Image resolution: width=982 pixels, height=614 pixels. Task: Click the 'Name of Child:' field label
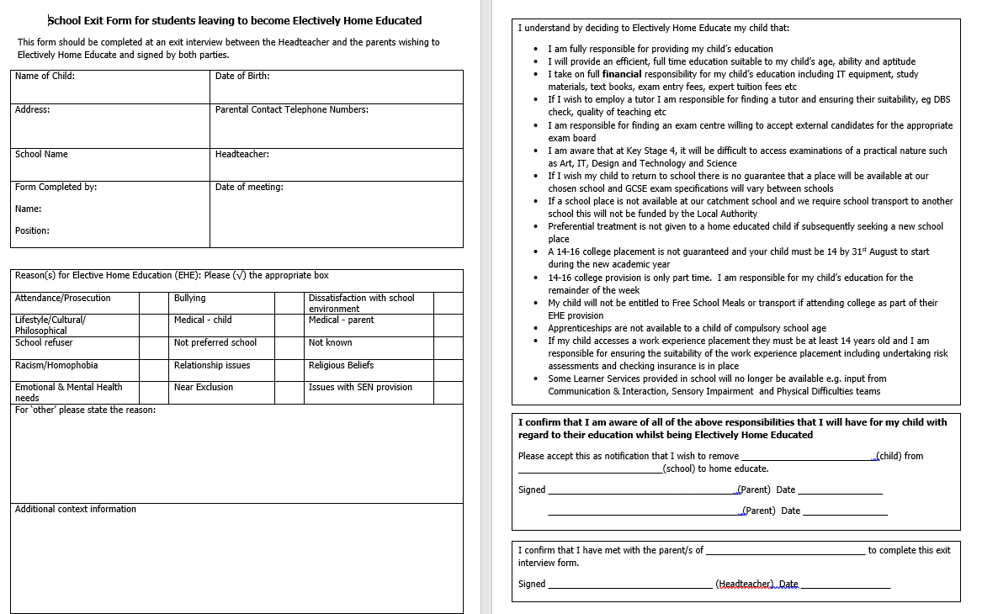45,76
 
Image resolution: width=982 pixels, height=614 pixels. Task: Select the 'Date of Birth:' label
242,76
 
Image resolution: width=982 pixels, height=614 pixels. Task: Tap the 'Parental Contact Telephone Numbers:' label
291,109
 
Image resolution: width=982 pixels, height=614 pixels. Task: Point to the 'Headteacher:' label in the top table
242,154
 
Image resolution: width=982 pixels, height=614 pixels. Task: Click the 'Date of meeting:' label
249,187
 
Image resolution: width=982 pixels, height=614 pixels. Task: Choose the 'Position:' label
32,230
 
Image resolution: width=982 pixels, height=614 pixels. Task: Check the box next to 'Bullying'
290,303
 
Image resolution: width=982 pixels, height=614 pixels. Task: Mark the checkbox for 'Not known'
448,347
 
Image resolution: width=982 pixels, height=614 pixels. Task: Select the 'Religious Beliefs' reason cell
341,365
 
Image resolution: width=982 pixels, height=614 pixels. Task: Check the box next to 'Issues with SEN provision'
448,392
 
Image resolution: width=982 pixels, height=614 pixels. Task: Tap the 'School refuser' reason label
44,342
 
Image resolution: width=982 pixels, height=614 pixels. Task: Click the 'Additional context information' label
76,509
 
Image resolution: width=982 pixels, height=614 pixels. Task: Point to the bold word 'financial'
622,74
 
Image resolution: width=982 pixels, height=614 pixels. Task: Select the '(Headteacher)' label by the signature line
744,584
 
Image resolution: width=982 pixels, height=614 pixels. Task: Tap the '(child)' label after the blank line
889,456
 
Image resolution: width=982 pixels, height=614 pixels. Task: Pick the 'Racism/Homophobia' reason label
56,365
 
